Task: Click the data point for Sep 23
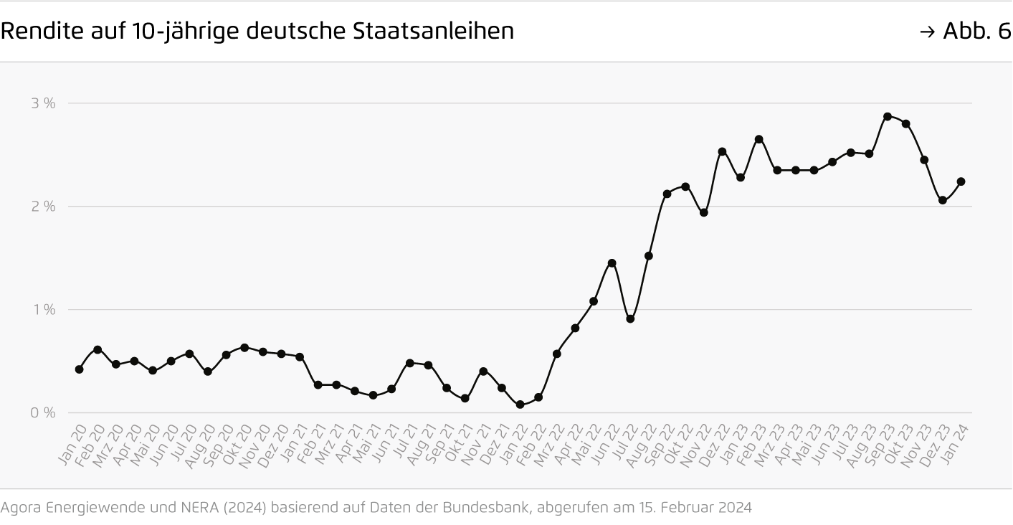point(888,116)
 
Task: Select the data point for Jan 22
point(520,405)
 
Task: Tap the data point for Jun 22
point(612,263)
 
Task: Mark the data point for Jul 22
point(630,318)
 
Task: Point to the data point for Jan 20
point(79,369)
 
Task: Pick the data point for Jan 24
point(961,181)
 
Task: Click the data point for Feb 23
point(758,139)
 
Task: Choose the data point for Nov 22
point(703,212)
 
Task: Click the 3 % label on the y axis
point(43,103)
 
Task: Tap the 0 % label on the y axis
point(43,413)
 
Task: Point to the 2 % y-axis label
point(43,207)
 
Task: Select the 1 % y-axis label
point(43,310)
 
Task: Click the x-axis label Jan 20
point(72,446)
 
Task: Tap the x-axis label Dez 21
point(495,446)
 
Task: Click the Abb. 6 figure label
point(975,32)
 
